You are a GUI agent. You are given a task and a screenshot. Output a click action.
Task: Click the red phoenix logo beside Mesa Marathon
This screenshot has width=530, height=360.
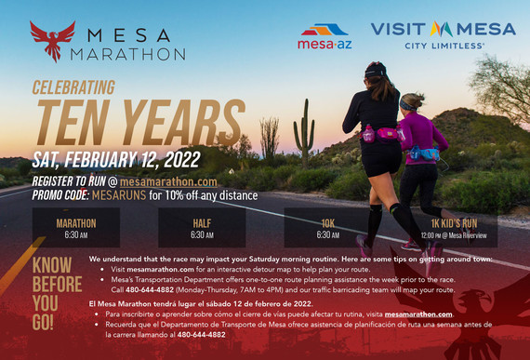click(52, 41)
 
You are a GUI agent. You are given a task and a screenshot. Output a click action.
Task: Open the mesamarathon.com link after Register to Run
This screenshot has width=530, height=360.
click(171, 181)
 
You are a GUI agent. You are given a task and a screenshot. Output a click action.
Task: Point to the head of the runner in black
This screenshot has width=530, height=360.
click(375, 73)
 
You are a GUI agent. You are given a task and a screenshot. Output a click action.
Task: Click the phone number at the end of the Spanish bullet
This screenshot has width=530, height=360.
click(201, 334)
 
